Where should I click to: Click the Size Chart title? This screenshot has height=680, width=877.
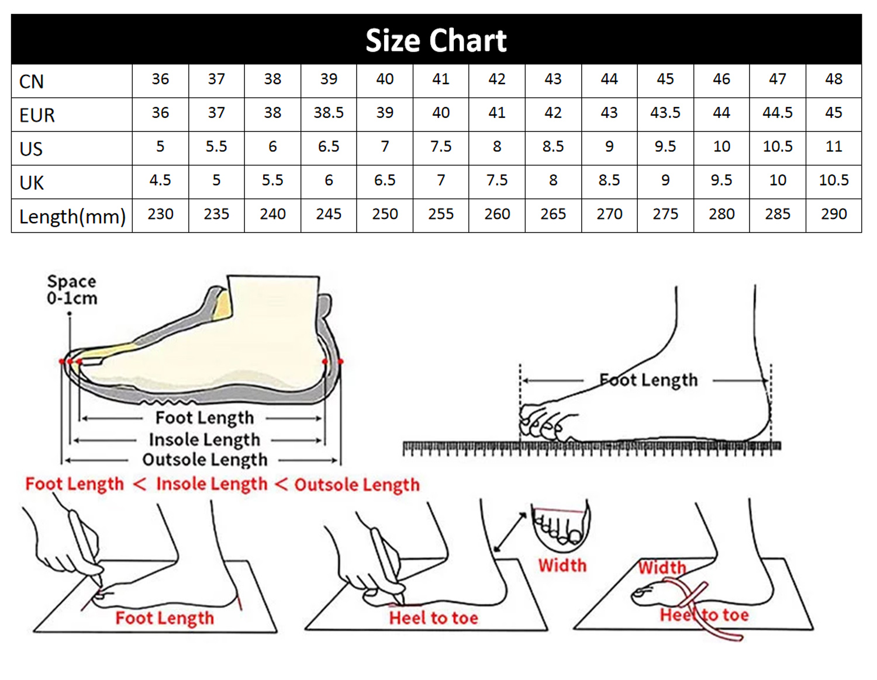436,40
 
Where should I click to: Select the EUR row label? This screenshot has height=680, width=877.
37,115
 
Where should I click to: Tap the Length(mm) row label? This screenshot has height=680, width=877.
72,217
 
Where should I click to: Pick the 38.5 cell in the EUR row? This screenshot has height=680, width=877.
329,113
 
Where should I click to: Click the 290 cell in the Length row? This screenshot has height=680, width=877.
834,214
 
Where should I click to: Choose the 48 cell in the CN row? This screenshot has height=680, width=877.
834,79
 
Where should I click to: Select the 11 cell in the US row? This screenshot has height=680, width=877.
834,146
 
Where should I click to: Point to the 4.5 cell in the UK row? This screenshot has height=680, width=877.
160,180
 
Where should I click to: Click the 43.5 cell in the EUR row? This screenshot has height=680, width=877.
665,113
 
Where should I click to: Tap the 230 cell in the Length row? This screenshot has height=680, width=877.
160,214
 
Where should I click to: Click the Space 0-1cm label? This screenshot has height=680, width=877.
72,290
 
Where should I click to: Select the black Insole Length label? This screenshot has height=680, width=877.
204,440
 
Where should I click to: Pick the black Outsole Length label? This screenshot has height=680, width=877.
205,460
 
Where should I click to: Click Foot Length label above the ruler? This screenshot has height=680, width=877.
648,380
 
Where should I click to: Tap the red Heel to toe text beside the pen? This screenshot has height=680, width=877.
433,618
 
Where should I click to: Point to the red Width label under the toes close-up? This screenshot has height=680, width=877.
562,565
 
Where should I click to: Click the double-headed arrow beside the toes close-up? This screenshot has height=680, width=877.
510,532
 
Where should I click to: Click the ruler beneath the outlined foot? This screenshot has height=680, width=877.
592,447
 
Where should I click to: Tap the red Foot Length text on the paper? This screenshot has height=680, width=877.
164,618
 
